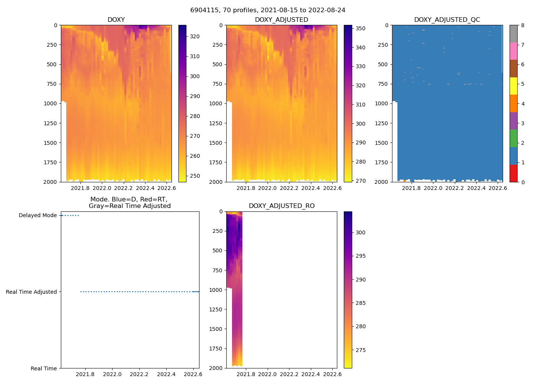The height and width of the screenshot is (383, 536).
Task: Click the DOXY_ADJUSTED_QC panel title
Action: click(447, 20)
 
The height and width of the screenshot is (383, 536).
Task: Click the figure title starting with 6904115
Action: click(268, 10)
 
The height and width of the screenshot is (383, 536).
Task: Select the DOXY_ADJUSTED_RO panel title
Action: click(281, 206)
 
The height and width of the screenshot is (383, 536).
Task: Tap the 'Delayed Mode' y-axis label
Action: click(38, 215)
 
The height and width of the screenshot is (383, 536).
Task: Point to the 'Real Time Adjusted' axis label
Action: click(31, 292)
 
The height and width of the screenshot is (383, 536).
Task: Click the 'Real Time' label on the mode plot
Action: click(44, 368)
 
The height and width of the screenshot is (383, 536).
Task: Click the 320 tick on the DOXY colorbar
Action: click(195, 36)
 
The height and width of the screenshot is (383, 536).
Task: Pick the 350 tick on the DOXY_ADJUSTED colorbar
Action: click(360, 28)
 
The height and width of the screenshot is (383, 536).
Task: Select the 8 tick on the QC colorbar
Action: click(523, 25)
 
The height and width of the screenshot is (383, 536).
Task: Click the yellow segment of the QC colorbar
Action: click(513, 86)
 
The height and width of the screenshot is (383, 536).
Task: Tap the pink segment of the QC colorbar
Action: click(513, 51)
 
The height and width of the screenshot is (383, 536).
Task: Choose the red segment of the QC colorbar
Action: click(513, 173)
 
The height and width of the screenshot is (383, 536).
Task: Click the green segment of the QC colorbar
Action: click(513, 138)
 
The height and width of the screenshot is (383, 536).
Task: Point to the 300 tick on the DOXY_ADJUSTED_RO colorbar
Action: click(360, 232)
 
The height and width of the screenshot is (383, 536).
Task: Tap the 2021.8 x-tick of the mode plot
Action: click(85, 374)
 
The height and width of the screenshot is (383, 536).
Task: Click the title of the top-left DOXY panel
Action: click(116, 20)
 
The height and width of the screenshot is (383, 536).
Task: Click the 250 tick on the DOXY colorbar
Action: click(195, 176)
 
